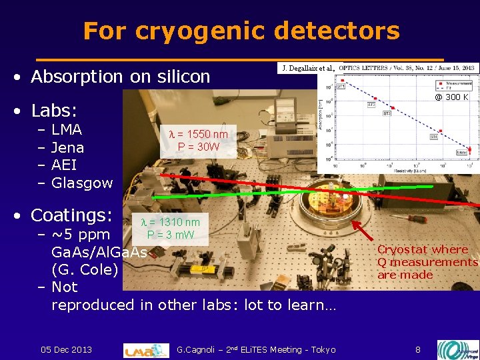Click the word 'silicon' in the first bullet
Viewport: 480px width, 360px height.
[183, 77]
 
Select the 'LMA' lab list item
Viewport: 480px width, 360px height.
[67, 129]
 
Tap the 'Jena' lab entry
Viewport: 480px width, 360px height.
[67, 147]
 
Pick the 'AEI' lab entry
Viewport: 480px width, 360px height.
[64, 165]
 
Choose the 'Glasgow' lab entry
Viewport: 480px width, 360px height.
[82, 183]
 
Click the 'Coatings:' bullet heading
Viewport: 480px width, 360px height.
[75, 215]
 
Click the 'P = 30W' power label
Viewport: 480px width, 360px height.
[199, 146]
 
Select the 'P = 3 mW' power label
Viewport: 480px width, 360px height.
[171, 234]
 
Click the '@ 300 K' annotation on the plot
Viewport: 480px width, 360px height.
[451, 97]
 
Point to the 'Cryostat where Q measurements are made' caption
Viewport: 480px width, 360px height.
[427, 262]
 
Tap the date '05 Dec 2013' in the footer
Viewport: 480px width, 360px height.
[66, 349]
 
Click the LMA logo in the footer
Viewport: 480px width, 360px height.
[146, 350]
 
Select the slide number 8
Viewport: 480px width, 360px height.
[418, 349]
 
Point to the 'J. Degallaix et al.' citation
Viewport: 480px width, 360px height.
[309, 68]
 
